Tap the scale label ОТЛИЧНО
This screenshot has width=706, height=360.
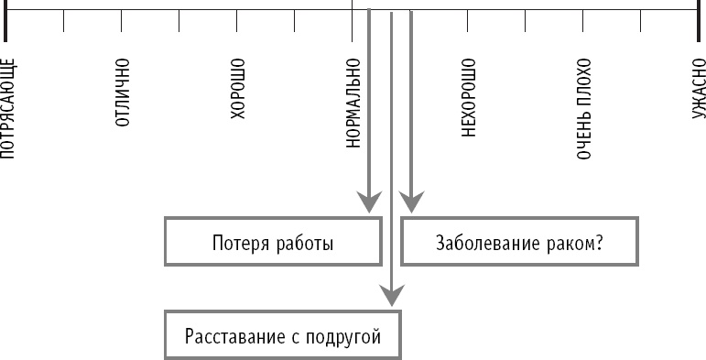coord(123,92)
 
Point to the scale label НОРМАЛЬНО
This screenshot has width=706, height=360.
coord(353,103)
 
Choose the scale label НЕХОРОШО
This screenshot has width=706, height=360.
coord(469,97)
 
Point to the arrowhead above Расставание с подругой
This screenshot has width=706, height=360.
coord(391,295)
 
